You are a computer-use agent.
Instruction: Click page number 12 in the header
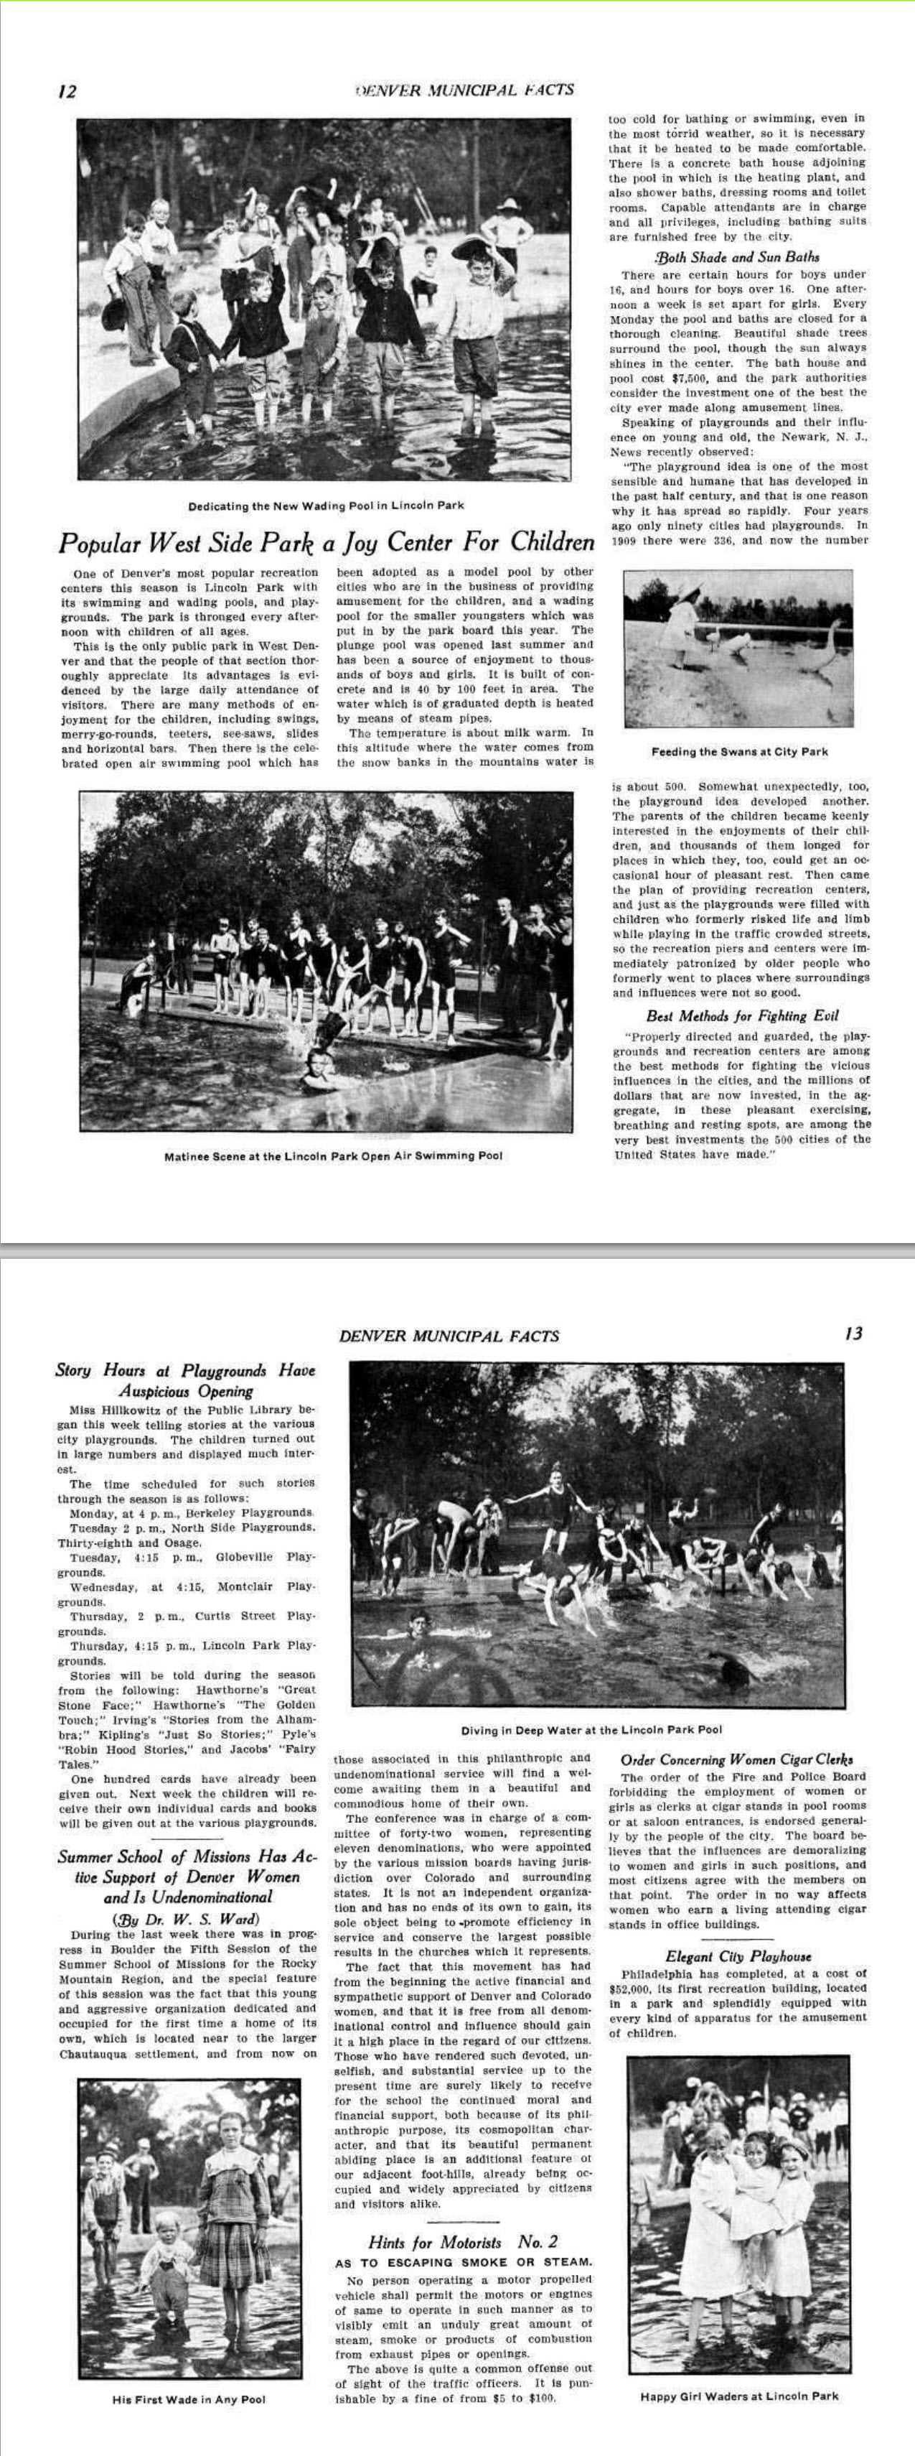pyautogui.click(x=67, y=91)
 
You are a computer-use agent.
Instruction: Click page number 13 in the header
pyautogui.click(x=853, y=1332)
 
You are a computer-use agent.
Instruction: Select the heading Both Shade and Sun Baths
pyautogui.click(x=737, y=256)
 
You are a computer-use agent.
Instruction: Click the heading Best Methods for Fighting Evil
pyautogui.click(x=741, y=1015)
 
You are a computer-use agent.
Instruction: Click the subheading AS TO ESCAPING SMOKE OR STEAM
pyautogui.click(x=463, y=2261)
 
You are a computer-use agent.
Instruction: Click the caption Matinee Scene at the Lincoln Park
pyautogui.click(x=333, y=1155)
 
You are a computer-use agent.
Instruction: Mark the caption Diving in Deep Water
pyautogui.click(x=591, y=1729)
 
